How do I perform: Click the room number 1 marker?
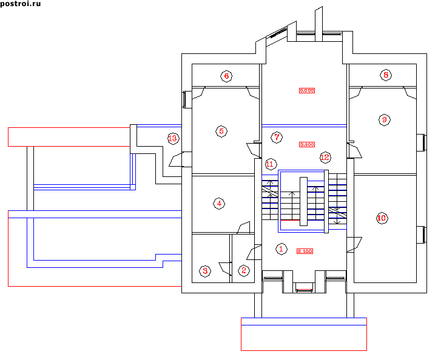click(280, 248)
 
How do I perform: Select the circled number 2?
click(244, 271)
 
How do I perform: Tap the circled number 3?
click(206, 271)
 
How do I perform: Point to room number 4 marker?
click(219, 204)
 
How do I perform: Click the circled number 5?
click(221, 131)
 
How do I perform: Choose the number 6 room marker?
click(226, 76)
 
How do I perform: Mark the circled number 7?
click(277, 137)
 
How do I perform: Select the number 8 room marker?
click(386, 75)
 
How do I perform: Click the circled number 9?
click(384, 119)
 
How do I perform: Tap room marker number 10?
click(382, 218)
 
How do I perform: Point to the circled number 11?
click(271, 164)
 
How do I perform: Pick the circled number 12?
click(325, 157)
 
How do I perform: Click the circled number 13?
click(173, 139)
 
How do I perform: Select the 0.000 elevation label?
click(308, 90)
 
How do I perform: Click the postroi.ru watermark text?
click(21, 4)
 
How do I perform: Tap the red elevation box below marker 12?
click(308, 145)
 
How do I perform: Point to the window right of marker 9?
click(420, 142)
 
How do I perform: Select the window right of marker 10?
click(420, 233)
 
